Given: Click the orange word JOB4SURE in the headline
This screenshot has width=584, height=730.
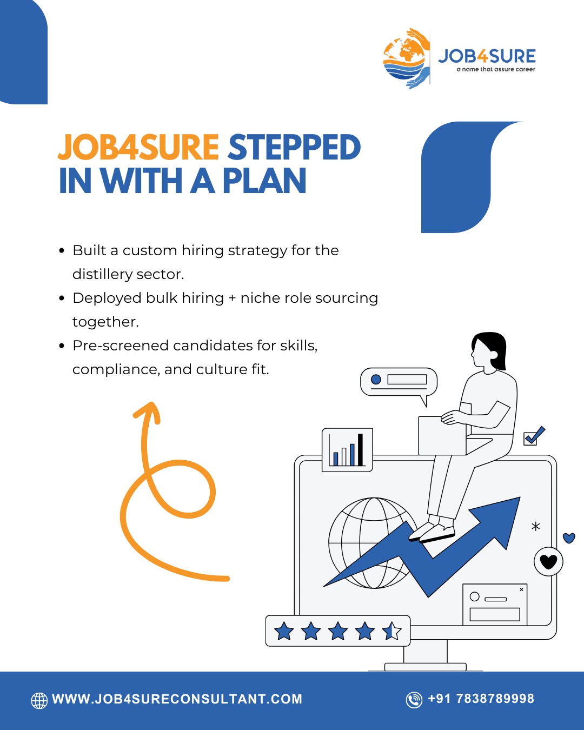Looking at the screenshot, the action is tap(138, 147).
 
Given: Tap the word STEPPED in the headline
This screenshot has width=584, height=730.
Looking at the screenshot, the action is tap(294, 147).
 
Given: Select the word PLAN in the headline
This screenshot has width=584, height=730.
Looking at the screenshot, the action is tap(264, 180).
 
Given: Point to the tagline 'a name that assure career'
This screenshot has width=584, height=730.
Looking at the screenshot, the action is tap(496, 69).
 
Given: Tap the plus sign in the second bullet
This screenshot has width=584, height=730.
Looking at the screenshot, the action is tap(232, 298).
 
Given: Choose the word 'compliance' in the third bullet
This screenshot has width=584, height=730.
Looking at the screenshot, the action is tap(116, 369).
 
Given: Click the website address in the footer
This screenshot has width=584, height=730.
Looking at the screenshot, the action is tap(177, 699).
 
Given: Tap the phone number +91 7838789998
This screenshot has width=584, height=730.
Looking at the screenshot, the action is tap(481, 699).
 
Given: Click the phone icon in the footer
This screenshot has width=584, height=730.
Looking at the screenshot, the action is tap(414, 700).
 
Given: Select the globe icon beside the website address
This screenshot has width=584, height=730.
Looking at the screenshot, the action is tap(39, 700).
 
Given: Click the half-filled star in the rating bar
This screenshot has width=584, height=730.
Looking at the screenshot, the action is tap(391, 631).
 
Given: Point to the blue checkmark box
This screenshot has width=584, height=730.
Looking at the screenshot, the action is tap(533, 436).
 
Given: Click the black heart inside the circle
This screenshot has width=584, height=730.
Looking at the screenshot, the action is tap(548, 561).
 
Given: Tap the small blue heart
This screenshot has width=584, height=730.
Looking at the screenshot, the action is tap(569, 538).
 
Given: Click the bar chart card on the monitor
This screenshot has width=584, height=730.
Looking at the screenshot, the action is tap(347, 450).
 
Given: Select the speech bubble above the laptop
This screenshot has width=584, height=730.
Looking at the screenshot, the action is tap(399, 382).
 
